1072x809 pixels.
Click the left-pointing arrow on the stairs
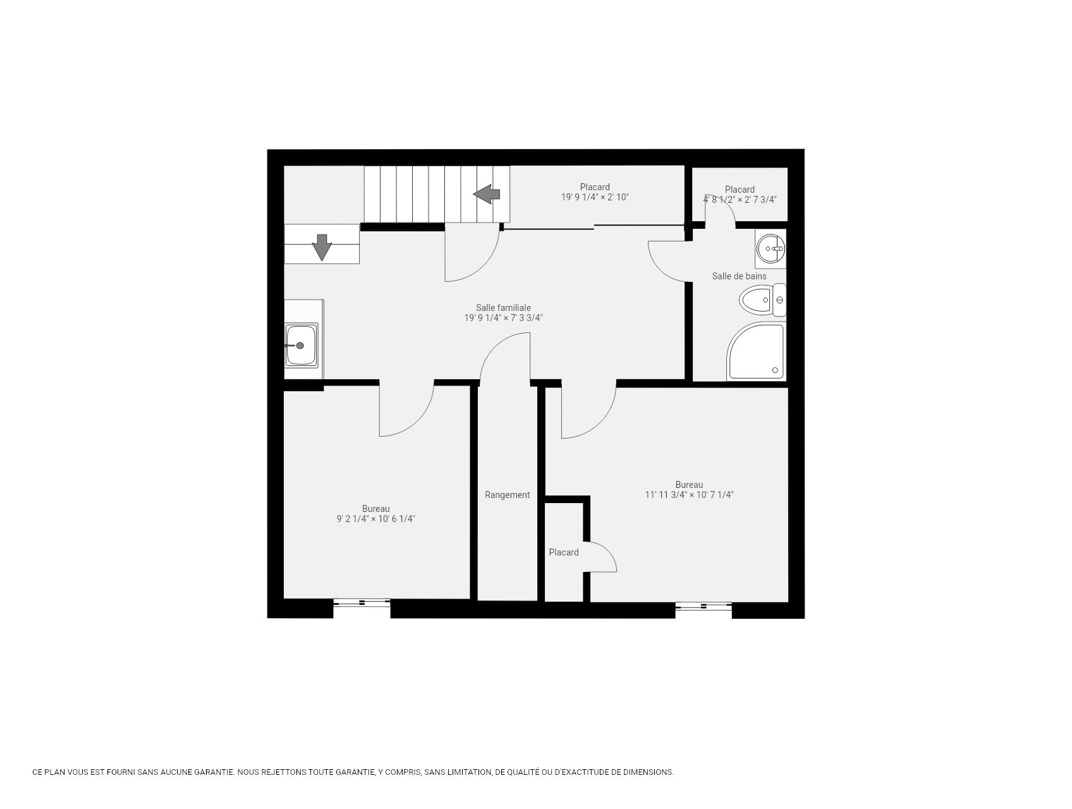click(487, 194)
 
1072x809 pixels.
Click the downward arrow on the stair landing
click(322, 247)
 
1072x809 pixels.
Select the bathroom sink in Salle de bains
click(771, 248)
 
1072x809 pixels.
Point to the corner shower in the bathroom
click(757, 353)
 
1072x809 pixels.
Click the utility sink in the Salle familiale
click(301, 345)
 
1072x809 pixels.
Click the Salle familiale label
click(503, 308)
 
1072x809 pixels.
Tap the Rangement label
click(507, 495)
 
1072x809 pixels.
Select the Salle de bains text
click(739, 276)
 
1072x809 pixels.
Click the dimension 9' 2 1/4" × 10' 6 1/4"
click(376, 519)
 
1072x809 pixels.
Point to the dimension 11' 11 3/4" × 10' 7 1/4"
click(688, 495)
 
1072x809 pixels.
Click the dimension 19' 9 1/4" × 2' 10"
click(594, 197)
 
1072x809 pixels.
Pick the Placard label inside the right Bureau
click(563, 552)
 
